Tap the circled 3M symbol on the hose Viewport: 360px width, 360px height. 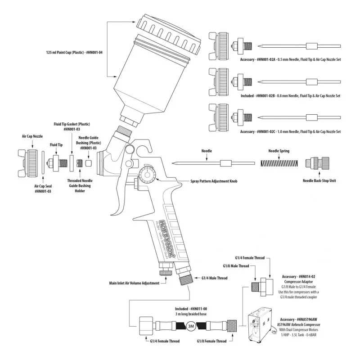[x=190, y=327]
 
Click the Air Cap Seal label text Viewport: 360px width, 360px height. [x=43, y=188]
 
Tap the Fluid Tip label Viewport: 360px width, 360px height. [x=56, y=145]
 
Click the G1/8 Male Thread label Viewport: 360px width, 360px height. [x=236, y=266]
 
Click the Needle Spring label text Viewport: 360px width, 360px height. [x=279, y=152]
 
